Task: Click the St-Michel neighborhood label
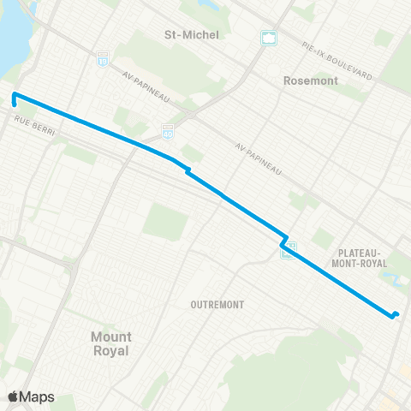point(192,35)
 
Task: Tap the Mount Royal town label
point(110,344)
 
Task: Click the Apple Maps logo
point(32,396)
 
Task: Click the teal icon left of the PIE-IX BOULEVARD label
point(268,38)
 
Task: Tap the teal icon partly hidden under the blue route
point(289,249)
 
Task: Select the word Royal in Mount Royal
point(110,351)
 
